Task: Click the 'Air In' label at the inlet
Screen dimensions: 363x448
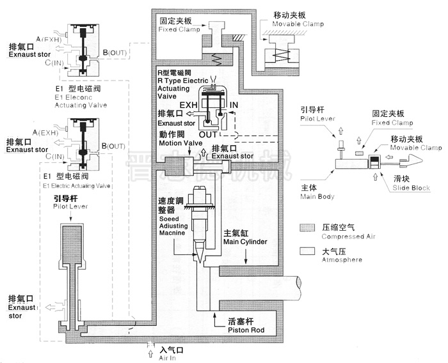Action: pyautogui.click(x=171, y=357)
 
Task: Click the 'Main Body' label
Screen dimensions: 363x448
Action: pyautogui.click(x=317, y=197)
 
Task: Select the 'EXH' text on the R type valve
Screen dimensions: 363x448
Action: pyautogui.click(x=188, y=104)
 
